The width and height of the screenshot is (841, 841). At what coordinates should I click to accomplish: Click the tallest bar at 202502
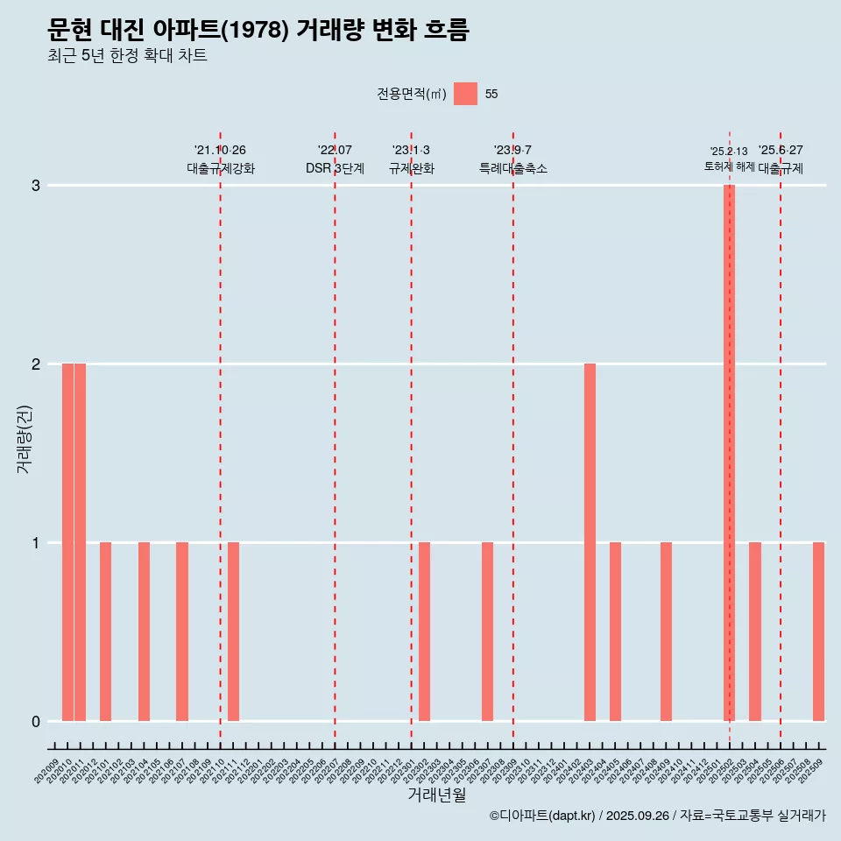point(729,453)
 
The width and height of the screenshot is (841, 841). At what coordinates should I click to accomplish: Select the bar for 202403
point(590,542)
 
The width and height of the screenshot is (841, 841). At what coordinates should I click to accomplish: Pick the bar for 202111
point(233,632)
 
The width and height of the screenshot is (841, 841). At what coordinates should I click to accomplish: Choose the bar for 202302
point(424,632)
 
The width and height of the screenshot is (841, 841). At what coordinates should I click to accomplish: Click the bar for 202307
point(488,632)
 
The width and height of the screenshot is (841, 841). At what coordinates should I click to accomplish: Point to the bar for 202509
point(818,632)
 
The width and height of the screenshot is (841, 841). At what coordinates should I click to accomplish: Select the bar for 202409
point(666,632)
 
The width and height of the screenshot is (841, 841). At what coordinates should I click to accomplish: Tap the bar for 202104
point(144,632)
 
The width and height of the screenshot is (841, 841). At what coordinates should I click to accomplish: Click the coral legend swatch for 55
point(465,94)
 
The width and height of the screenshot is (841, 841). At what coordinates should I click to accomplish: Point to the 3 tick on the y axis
point(36,186)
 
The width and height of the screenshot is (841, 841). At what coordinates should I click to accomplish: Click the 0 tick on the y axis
point(36,722)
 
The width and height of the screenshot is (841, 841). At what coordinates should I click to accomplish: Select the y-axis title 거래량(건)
point(25,439)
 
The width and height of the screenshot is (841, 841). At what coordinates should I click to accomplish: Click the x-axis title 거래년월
point(436,795)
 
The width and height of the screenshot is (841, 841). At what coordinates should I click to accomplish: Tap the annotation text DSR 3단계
point(335,168)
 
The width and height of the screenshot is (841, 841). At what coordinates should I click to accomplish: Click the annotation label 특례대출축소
point(513,168)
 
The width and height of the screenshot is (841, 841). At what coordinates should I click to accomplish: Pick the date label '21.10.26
point(220,151)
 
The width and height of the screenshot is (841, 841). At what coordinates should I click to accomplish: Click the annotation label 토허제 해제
point(729,166)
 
